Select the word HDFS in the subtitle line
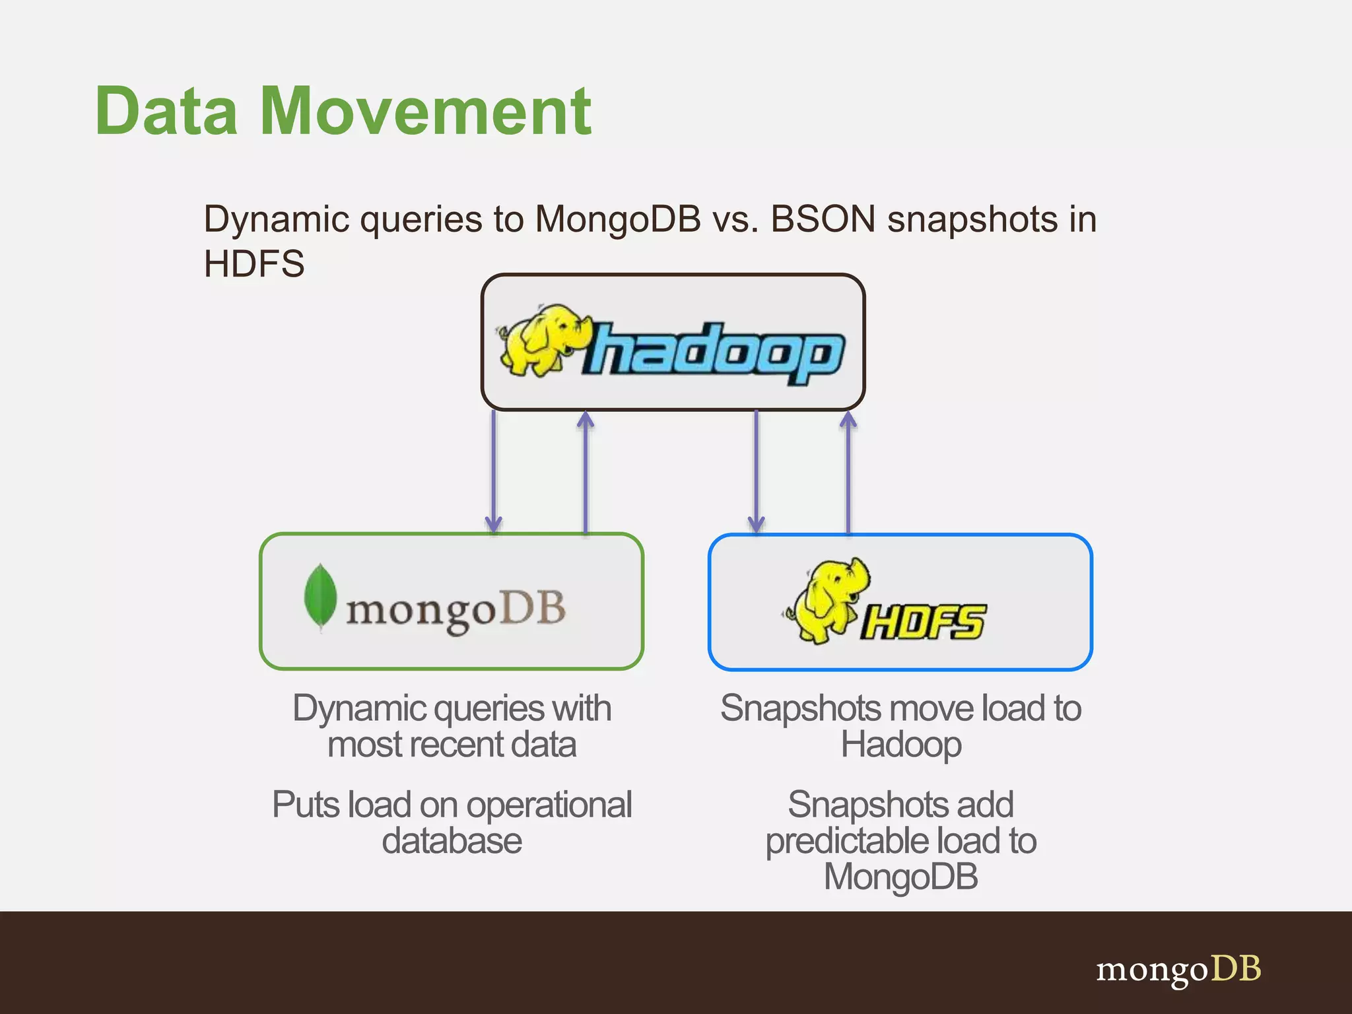254,264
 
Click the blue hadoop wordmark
713,353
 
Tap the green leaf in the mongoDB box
320,597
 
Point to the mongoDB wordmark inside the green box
456,610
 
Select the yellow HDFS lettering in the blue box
923,622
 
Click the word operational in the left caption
549,805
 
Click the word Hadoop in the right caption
901,745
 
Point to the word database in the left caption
452,841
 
